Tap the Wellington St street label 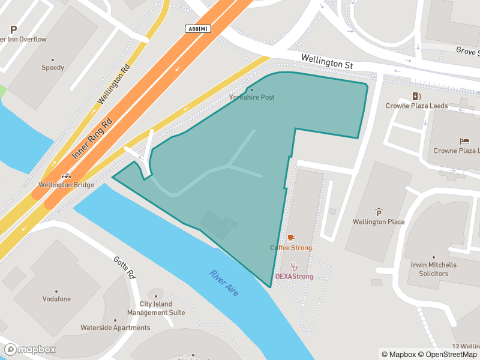(x=327, y=61)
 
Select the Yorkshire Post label (x=251, y=97)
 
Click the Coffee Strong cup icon (x=291, y=238)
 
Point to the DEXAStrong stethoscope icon (x=294, y=266)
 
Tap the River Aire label (x=224, y=283)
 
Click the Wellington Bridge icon (x=66, y=176)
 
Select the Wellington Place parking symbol (x=379, y=212)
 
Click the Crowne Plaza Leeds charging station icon (x=416, y=96)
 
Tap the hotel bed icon (x=465, y=142)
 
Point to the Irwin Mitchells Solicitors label (x=433, y=269)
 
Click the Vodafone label (x=56, y=299)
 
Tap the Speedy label (x=53, y=68)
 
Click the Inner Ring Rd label (x=92, y=138)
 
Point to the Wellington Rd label (x=113, y=84)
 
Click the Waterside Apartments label (x=115, y=328)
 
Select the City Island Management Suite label (x=156, y=308)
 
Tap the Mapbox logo (x=30, y=349)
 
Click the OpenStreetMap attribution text (x=449, y=355)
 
